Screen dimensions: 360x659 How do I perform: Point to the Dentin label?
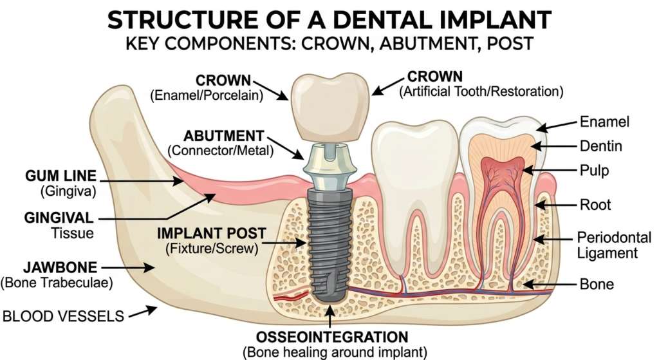tap(601, 147)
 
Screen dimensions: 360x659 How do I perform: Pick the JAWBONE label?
tap(53, 266)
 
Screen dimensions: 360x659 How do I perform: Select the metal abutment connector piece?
tap(329, 166)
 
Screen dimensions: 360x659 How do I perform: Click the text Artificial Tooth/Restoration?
tap(481, 92)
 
